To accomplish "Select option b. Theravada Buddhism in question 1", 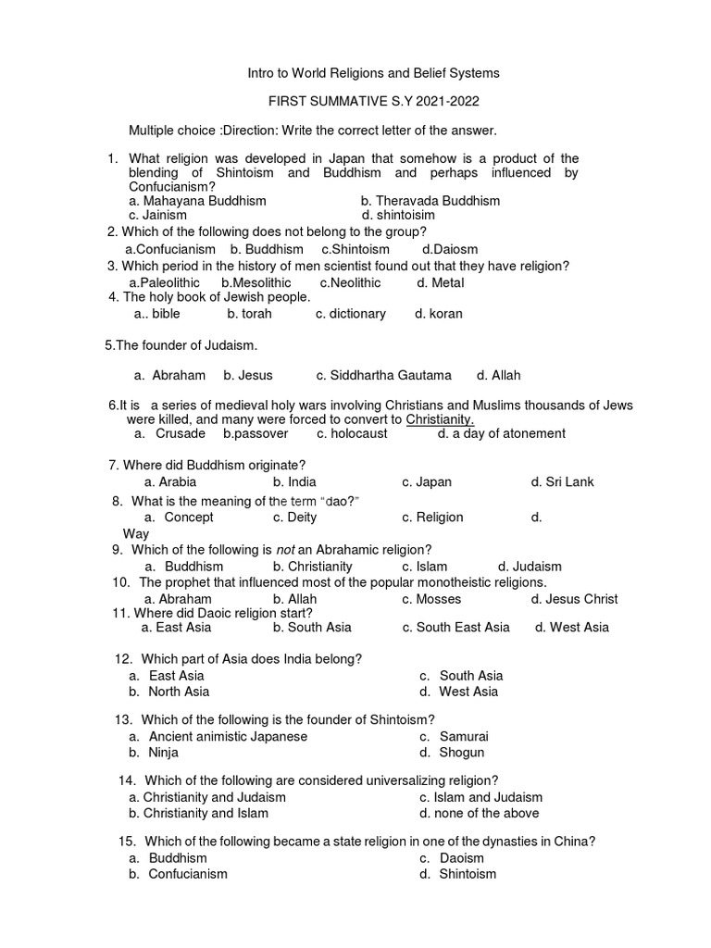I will pyautogui.click(x=430, y=201).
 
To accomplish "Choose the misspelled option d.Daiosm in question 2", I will pyautogui.click(x=450, y=250).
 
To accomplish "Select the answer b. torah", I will pyautogui.click(x=247, y=314).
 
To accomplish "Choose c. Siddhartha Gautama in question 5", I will pyautogui.click(x=383, y=375).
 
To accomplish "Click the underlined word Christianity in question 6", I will pyautogui.click(x=441, y=419).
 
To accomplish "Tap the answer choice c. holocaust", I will pyautogui.click(x=352, y=433).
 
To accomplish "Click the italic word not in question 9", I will pyautogui.click(x=286, y=549).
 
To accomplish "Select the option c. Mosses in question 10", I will pyautogui.click(x=431, y=599).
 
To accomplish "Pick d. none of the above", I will pyautogui.click(x=479, y=814).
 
